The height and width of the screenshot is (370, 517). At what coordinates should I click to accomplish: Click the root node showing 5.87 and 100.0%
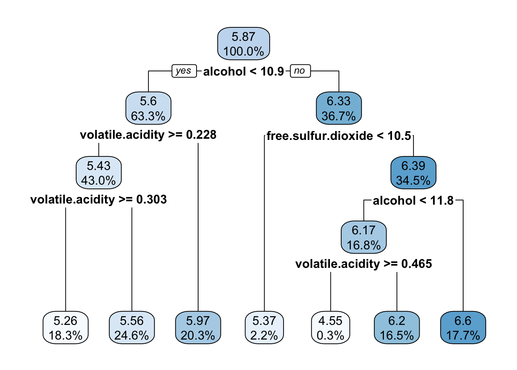[x=243, y=44]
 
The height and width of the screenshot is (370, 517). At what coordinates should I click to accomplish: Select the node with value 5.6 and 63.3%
[x=148, y=108]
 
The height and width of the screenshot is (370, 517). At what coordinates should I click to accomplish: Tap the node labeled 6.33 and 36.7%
[x=339, y=108]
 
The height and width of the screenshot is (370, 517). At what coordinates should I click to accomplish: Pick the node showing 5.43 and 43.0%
[x=98, y=173]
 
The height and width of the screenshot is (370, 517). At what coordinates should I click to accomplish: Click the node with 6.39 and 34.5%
[x=413, y=173]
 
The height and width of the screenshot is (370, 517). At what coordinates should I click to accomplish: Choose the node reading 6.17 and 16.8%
[x=364, y=237]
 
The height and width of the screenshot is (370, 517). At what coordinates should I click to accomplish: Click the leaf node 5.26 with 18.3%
[x=65, y=328]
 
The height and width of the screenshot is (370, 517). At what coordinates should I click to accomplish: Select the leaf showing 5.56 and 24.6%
[x=132, y=328]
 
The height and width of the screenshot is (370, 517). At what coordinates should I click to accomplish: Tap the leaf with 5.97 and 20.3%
[x=198, y=328]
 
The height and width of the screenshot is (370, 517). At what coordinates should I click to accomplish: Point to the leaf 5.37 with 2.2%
[x=264, y=328]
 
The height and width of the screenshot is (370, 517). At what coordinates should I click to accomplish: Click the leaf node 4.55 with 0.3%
[x=330, y=328]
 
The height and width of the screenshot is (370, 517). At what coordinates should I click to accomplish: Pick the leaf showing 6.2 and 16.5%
[x=397, y=328]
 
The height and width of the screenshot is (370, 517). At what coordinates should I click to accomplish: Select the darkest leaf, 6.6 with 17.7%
[x=463, y=328]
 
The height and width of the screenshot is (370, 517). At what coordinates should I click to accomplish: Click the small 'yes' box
[x=184, y=71]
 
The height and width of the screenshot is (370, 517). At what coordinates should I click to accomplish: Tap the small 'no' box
[x=300, y=71]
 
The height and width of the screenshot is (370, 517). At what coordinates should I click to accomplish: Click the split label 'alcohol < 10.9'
[x=243, y=71]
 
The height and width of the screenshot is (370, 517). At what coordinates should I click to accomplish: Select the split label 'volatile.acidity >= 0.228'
[x=148, y=135]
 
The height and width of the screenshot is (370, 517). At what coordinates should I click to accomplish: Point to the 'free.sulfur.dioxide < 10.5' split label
[x=339, y=136]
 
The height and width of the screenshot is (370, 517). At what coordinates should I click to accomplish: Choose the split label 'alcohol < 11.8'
[x=413, y=200]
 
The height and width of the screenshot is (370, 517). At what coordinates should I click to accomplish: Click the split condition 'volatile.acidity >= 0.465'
[x=364, y=264]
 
